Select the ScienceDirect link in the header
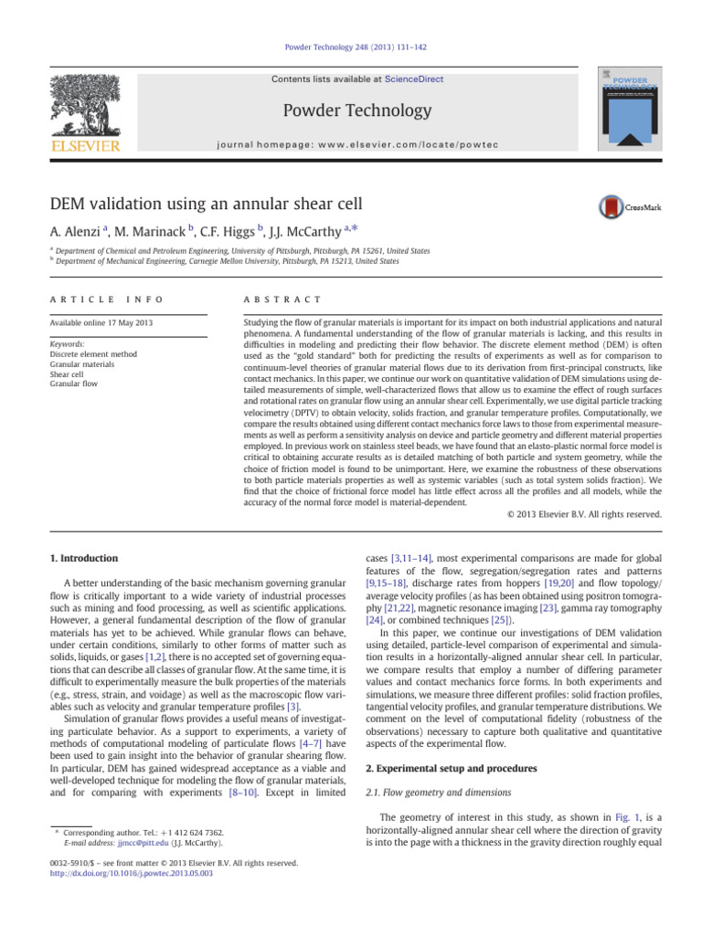click(414, 79)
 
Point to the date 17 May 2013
click(112, 322)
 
